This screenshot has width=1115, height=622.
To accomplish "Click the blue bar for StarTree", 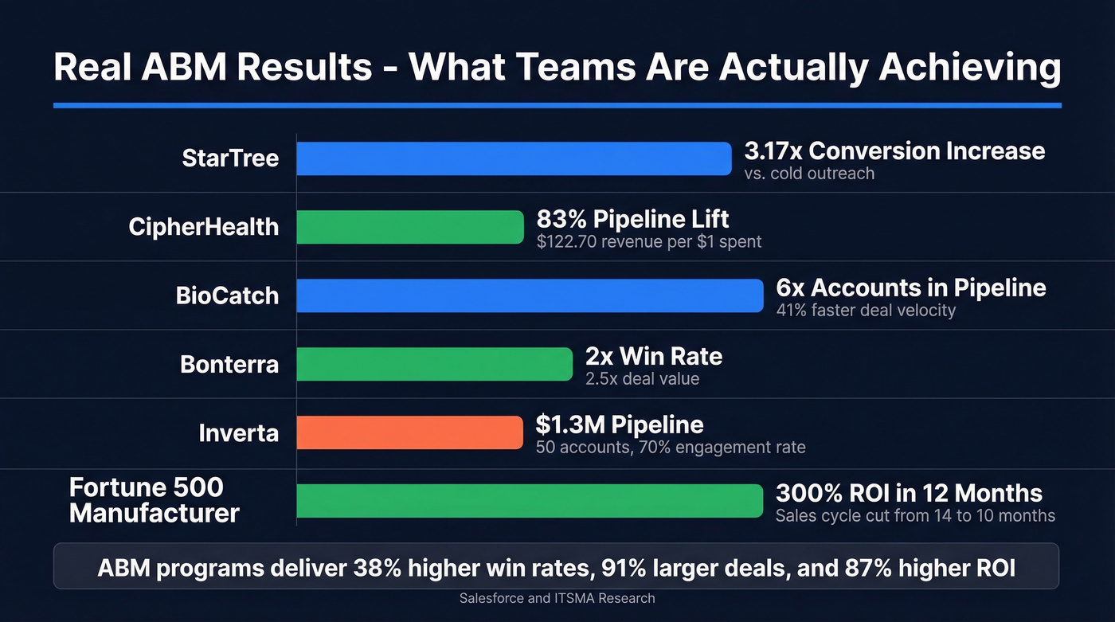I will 514,158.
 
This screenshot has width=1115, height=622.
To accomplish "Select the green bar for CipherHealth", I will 410,227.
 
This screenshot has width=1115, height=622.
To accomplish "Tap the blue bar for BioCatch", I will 530,295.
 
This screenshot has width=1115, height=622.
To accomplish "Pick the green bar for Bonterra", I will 434,364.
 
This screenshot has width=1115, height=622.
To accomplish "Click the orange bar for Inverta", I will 409,432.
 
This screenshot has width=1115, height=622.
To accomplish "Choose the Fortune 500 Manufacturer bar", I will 530,501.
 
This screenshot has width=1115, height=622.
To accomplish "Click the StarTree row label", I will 230,158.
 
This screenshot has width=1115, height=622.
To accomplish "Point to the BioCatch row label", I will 227,295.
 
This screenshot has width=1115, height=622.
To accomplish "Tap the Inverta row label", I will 238,432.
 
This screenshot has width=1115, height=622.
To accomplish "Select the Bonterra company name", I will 229,364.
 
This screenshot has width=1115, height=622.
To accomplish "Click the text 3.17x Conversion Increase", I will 894,151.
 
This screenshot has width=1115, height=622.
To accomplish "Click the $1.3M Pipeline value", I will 619,424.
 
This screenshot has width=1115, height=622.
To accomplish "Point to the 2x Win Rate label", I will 653,356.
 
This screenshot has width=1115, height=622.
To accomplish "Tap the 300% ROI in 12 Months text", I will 909,493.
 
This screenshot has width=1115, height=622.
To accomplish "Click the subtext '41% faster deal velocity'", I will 865,311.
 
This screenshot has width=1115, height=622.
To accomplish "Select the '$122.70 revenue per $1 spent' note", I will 648,241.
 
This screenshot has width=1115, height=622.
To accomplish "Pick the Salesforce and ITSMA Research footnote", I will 557,598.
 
